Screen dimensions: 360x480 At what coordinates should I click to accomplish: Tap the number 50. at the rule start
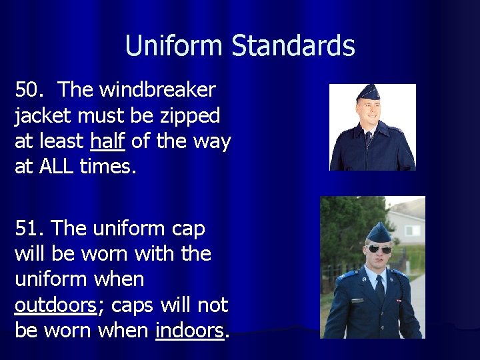pyautogui.click(x=29, y=89)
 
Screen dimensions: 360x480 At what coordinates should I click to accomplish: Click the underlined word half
pyautogui.click(x=108, y=141)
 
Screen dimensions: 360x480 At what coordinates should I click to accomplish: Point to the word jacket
pyautogui.click(x=44, y=115)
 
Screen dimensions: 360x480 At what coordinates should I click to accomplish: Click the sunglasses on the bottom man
pyautogui.click(x=380, y=249)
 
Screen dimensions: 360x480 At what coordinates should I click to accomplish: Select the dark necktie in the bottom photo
pyautogui.click(x=379, y=287)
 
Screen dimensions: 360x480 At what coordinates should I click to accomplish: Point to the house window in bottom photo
pyautogui.click(x=413, y=231)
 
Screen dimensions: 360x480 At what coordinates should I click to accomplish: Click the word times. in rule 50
pyautogui.click(x=107, y=167)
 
